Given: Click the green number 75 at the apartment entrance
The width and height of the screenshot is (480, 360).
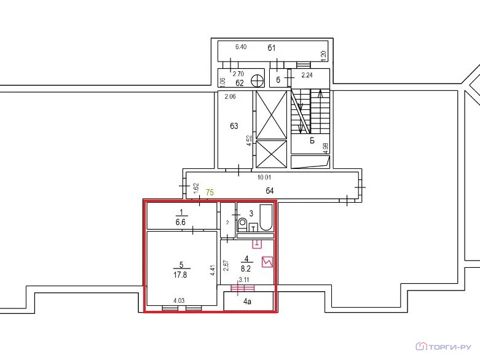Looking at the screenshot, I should [x=210, y=192].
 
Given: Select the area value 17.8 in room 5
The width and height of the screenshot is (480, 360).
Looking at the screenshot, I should [x=181, y=275].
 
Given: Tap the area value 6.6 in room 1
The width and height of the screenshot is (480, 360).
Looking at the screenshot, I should [x=181, y=221].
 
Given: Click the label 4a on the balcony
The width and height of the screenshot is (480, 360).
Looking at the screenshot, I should [x=248, y=302].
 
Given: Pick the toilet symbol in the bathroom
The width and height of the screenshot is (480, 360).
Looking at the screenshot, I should [x=242, y=224].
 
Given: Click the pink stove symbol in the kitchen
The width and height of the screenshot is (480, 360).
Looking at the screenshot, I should [x=257, y=243].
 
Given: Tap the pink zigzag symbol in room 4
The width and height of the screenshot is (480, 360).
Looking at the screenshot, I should [x=267, y=262].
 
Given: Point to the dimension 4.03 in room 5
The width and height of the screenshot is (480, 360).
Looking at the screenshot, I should [x=179, y=300].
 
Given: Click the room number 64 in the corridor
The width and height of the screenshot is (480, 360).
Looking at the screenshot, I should [x=269, y=190].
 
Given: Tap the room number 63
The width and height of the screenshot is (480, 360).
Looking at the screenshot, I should [x=234, y=127].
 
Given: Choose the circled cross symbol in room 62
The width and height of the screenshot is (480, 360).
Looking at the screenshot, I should [x=259, y=80].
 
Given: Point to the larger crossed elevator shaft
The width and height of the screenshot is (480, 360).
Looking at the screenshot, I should [x=271, y=114].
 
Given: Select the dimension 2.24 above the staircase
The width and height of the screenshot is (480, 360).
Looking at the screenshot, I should [x=307, y=76].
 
